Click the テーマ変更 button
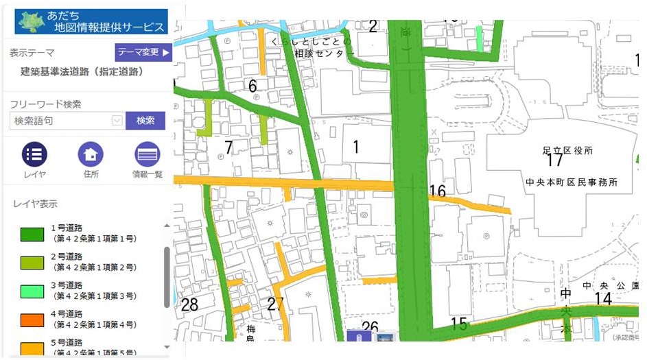[143, 52]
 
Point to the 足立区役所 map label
[567, 150]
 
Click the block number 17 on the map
[554, 161]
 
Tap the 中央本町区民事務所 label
[572, 183]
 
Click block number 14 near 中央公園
[602, 299]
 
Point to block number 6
[252, 86]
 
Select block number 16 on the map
[437, 191]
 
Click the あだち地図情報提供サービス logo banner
[91, 21]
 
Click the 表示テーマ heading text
[32, 52]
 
